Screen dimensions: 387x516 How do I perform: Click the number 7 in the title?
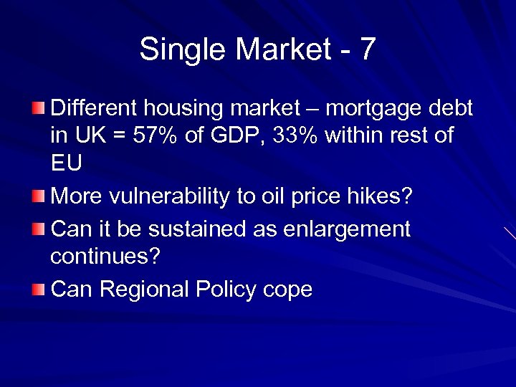point(366,49)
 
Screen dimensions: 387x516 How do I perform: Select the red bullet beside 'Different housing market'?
point(38,108)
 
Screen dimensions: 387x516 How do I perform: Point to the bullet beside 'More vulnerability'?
point(38,196)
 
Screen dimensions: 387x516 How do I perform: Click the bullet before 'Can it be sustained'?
point(38,229)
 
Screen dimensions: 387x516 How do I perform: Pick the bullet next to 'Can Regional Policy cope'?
point(38,290)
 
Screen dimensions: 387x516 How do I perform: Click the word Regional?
point(138,290)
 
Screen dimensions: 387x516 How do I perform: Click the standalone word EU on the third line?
point(67,163)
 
